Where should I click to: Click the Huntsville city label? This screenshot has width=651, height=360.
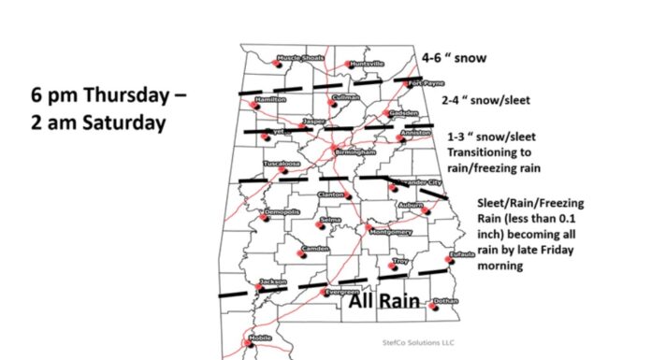pos(366,64)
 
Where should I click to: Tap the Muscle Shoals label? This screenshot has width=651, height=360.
pos(298,58)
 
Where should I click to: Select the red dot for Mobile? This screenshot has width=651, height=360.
pos(249,343)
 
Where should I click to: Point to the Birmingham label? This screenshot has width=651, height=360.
pos(354,151)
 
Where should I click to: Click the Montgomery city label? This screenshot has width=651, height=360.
pos(391,231)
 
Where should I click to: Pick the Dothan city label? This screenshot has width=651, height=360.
pos(446,301)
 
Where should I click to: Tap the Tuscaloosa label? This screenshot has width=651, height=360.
pos(282,164)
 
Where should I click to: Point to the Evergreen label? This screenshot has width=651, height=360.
pos(341,292)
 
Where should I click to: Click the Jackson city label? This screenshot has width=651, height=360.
pos(272,281)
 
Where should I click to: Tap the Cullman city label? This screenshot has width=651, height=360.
pos(346,97)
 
